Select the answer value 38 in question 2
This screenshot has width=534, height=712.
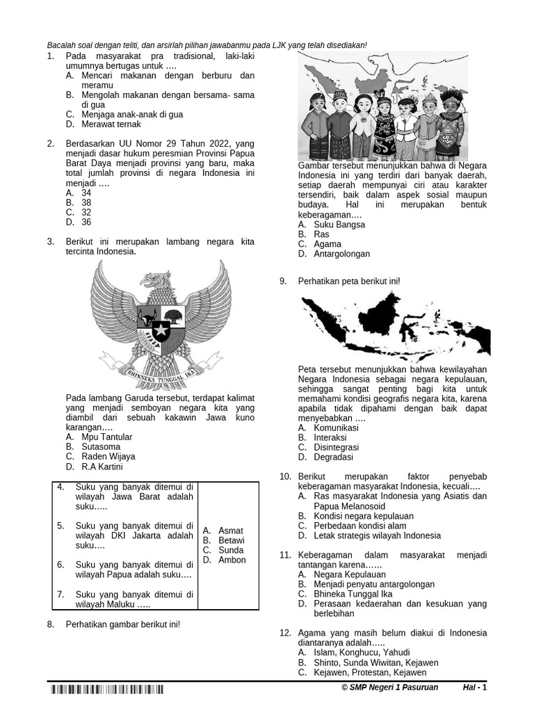pos(86,203)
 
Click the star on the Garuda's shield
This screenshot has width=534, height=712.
pos(161,331)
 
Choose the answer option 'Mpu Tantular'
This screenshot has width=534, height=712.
pos(106,437)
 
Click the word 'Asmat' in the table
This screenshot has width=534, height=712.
pos(231,531)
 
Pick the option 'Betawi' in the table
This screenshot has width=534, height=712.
pos(232,540)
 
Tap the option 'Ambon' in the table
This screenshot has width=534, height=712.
pos(232,560)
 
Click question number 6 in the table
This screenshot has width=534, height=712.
pos(60,564)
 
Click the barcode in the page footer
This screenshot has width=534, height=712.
pos(106,690)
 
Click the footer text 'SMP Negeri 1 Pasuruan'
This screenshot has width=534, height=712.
pos(394,688)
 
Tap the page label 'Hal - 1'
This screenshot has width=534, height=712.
pos(475,688)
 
